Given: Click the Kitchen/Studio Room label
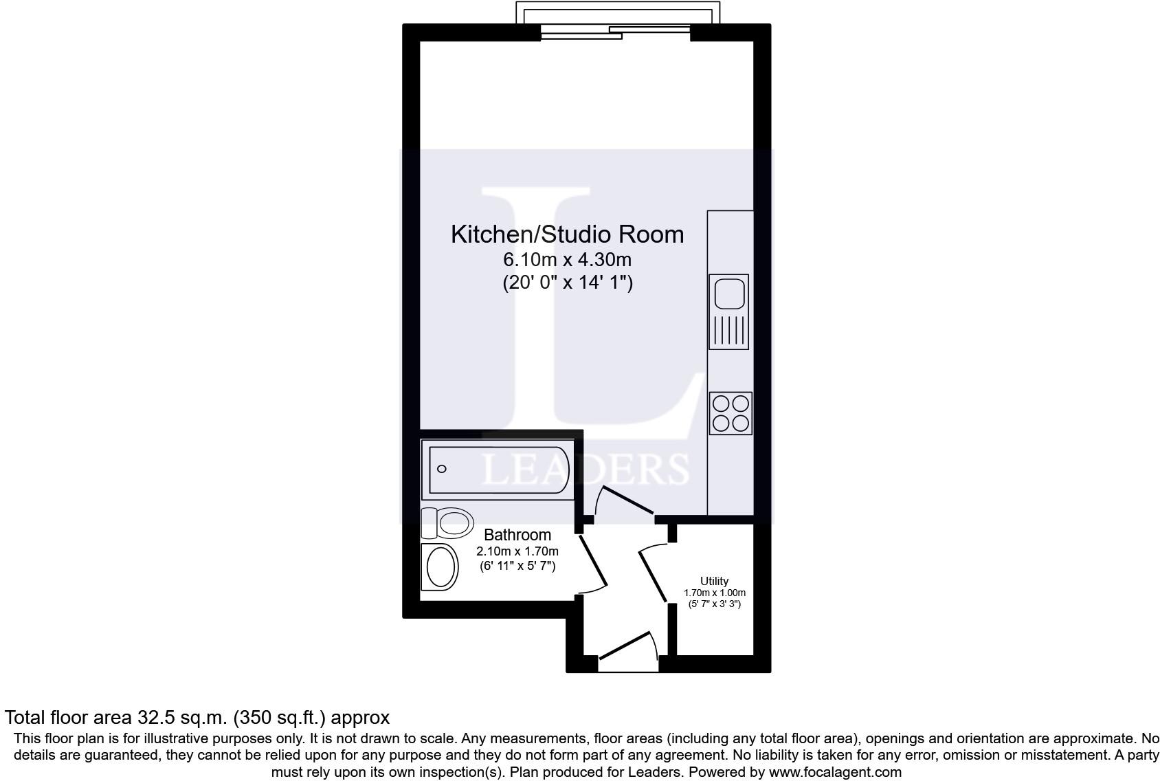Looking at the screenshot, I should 567,234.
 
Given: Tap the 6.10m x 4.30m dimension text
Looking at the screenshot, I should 567,260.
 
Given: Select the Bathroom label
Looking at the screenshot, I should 517,535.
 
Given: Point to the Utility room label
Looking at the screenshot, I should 714,581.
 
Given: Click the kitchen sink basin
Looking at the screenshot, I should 729,294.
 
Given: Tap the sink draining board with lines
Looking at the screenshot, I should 729,331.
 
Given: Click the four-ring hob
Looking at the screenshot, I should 730,413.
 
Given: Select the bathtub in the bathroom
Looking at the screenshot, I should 498,470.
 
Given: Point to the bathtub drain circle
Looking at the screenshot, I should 442,469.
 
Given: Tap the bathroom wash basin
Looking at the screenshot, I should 440,567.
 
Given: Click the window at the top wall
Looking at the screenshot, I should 616,31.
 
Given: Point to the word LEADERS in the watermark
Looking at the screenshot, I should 585,469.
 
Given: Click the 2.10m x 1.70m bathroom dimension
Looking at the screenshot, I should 517,551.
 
